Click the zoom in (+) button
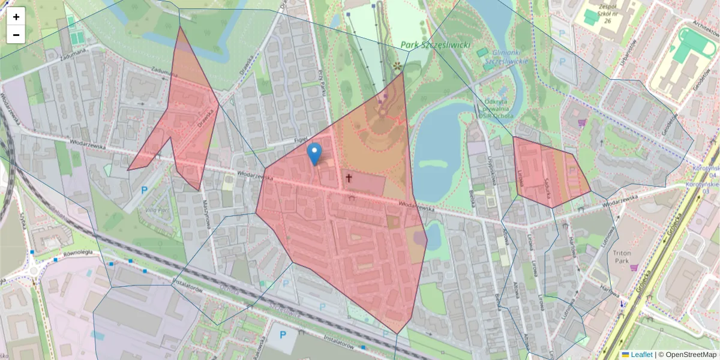(16, 17)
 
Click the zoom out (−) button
(16, 35)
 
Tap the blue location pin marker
(314, 154)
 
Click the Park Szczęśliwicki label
(436, 45)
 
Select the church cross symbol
(349, 178)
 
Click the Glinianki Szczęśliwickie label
(506, 56)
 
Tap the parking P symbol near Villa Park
(143, 190)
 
